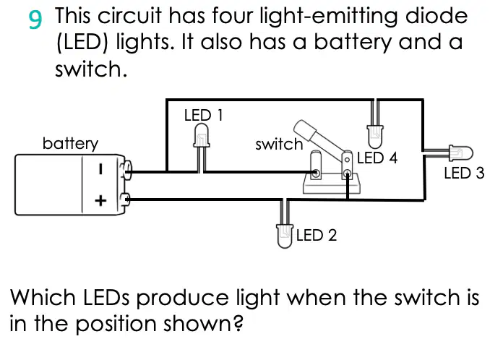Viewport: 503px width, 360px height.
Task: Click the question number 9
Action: coord(35,19)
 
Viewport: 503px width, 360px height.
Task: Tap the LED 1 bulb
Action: coord(202,136)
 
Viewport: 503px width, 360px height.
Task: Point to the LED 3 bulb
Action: coord(460,153)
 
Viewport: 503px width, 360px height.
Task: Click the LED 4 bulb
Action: coord(374,137)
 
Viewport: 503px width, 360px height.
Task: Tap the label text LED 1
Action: coord(203,115)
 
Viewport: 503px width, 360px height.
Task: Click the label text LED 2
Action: coord(317,235)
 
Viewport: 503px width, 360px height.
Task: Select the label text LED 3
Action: coord(464,173)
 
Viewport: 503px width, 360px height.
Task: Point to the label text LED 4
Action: coord(377,158)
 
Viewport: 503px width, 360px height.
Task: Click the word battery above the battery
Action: coord(70,143)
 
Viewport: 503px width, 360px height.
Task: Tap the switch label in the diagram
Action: coord(279,145)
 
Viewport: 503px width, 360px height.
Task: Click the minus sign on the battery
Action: coord(100,169)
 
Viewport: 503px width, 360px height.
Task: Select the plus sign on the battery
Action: coord(100,201)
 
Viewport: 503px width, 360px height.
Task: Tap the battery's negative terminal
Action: coord(126,168)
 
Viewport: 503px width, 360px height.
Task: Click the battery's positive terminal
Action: coord(124,200)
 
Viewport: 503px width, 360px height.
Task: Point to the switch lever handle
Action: coord(305,130)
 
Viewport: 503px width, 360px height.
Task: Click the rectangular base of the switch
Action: coord(332,184)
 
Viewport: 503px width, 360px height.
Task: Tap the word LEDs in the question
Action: coord(106,297)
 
